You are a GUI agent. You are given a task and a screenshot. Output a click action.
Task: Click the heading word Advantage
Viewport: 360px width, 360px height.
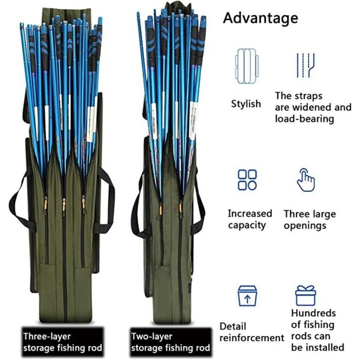260,18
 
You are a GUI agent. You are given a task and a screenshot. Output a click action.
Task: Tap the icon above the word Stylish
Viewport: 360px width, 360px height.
246,65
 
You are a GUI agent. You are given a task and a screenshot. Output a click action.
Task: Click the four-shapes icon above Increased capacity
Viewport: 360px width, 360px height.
247,180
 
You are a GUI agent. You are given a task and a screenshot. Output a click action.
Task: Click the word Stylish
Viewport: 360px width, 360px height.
246,104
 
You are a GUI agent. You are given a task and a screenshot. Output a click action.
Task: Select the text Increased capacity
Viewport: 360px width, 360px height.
250,220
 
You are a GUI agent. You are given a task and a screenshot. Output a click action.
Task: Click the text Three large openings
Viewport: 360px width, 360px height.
309,220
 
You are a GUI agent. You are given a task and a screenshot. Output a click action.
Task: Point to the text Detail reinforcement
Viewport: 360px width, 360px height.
252,332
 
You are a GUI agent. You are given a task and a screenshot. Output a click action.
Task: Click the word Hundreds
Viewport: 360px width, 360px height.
313,313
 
